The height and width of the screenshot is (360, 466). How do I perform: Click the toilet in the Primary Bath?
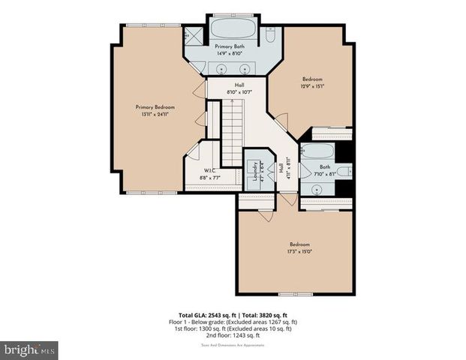[x=271, y=34]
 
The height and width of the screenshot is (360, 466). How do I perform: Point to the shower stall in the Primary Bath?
[x=194, y=34]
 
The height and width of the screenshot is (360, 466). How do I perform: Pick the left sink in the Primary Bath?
[x=221, y=68]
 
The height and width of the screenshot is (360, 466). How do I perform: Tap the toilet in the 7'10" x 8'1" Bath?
[x=342, y=172]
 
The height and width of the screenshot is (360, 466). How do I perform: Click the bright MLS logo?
[x=29, y=349]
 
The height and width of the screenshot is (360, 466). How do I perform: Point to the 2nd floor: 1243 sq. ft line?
[x=232, y=334]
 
